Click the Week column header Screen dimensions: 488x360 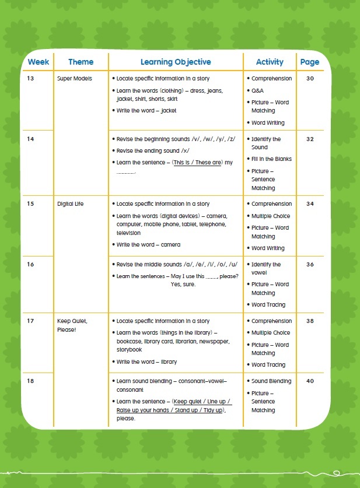(x=39, y=62)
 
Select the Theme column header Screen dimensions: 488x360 (x=81, y=62)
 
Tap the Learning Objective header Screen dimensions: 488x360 (x=176, y=62)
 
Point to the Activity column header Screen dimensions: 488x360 (x=270, y=62)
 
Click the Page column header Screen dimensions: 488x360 (x=310, y=62)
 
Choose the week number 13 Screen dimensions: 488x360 (x=31, y=79)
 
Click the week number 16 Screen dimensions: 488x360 (x=31, y=265)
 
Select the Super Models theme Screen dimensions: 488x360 (x=74, y=79)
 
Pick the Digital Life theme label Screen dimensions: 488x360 (x=71, y=204)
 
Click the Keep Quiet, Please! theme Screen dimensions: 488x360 (x=72, y=325)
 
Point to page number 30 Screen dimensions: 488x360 (x=310, y=79)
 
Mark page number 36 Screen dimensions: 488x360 (x=310, y=265)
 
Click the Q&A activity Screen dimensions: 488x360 (x=257, y=91)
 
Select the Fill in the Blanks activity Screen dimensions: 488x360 (x=271, y=159)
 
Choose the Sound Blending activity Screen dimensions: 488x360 (x=271, y=381)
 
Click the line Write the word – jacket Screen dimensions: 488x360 (x=146, y=111)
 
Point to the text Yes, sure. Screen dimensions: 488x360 (x=183, y=285)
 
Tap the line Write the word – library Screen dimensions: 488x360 (x=146, y=362)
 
